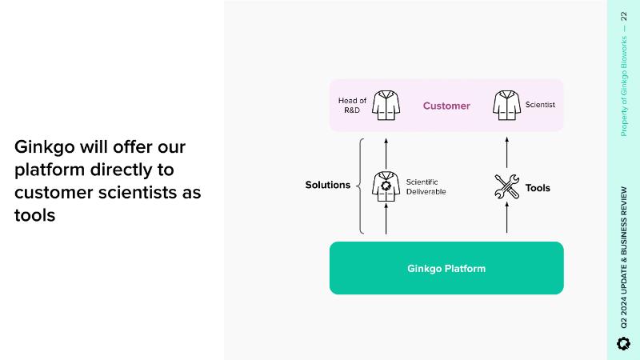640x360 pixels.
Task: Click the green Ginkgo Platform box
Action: [x=446, y=268]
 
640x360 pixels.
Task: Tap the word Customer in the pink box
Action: [x=446, y=106]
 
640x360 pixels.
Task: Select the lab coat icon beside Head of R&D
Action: [x=386, y=106]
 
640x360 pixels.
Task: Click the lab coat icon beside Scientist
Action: [x=506, y=106]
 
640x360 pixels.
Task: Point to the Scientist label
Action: [x=540, y=105]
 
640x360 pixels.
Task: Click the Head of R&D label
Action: [x=352, y=106]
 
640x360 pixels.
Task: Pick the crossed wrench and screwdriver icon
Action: [x=507, y=186]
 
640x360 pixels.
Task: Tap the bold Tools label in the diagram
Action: [x=538, y=188]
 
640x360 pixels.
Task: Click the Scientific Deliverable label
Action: [x=426, y=187]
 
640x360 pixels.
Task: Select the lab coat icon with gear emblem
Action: [x=386, y=186]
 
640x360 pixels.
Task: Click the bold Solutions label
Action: [x=328, y=185]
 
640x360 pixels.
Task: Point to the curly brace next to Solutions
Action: [x=360, y=186]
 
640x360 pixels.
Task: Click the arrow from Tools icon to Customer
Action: [x=507, y=152]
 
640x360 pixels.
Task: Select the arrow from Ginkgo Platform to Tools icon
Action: [x=507, y=218]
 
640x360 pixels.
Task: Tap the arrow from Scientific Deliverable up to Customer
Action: [x=386, y=154]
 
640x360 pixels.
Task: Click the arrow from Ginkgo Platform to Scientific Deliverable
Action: [x=386, y=218]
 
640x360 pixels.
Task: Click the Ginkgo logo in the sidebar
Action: [x=623, y=344]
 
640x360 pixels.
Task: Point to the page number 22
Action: [x=623, y=16]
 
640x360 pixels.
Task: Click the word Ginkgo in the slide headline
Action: [x=45, y=147]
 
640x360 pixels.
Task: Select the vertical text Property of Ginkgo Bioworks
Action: [x=624, y=86]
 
